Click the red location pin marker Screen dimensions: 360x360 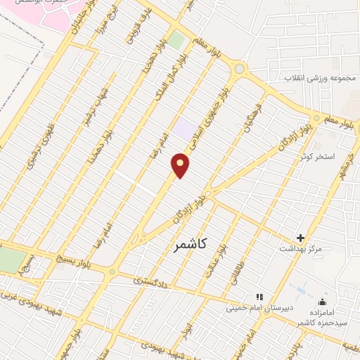coord(181,166)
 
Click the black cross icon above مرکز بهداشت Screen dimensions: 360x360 coord(300,238)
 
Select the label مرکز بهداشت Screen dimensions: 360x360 coord(300,250)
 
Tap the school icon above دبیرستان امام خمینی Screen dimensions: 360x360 coord(259,297)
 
